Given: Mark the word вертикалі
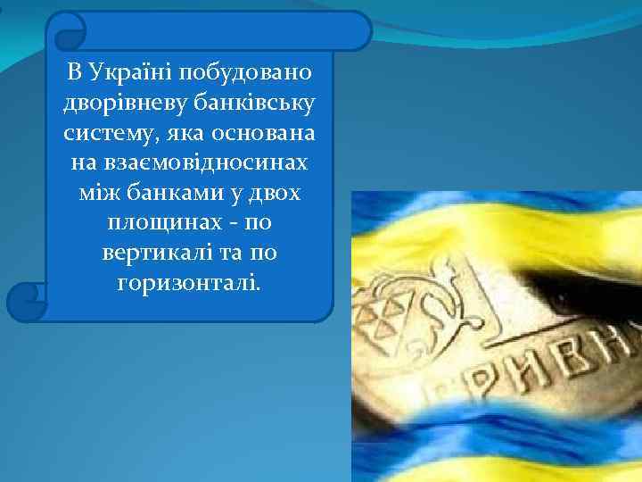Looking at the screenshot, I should coord(148,253).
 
